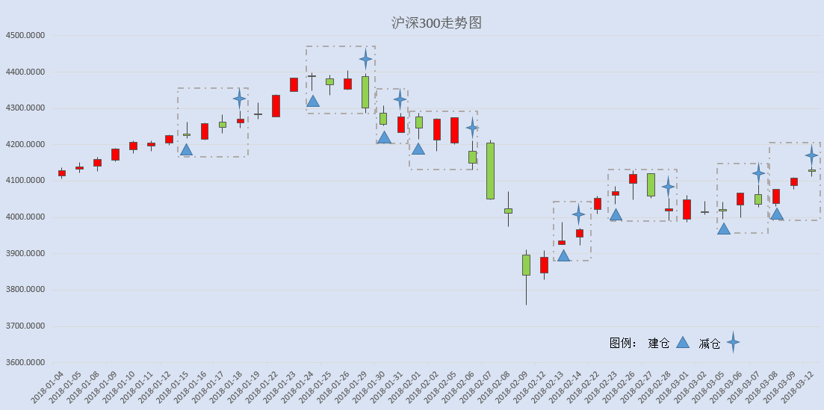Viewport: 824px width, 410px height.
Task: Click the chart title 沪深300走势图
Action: click(436, 23)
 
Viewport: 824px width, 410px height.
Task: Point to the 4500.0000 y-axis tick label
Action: click(25, 35)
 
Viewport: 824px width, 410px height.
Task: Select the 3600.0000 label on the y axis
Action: click(25, 363)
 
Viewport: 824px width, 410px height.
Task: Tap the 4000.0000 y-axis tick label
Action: click(25, 217)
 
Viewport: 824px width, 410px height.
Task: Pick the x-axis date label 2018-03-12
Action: click(799, 387)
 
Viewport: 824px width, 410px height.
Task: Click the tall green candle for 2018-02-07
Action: click(490, 171)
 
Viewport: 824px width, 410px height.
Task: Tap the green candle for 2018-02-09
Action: click(526, 265)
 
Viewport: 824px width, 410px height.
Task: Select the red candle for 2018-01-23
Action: click(294, 84)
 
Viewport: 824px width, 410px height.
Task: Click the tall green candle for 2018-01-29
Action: click(365, 92)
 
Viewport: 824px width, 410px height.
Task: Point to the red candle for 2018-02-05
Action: click(454, 131)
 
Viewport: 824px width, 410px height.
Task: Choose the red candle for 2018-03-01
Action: click(687, 209)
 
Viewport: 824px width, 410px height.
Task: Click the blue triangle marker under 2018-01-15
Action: click(186, 150)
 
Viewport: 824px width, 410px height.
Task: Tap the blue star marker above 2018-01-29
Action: click(366, 59)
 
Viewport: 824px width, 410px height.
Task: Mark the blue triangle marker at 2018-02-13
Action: click(563, 256)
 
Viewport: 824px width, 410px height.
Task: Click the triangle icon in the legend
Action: click(682, 343)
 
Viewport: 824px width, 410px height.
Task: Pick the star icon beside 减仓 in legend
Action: click(733, 343)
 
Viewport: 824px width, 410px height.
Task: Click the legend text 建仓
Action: click(659, 344)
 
